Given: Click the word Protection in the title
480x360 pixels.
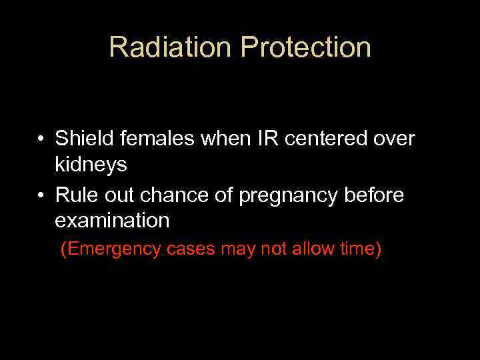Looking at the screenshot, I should (305, 47).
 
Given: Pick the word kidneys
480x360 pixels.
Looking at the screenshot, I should (91, 165).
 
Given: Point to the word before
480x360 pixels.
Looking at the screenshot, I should (378, 195).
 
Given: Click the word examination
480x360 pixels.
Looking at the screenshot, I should (112, 220).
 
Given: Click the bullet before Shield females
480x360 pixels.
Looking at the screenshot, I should (41, 139).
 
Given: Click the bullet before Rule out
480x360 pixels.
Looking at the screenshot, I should (41, 195).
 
